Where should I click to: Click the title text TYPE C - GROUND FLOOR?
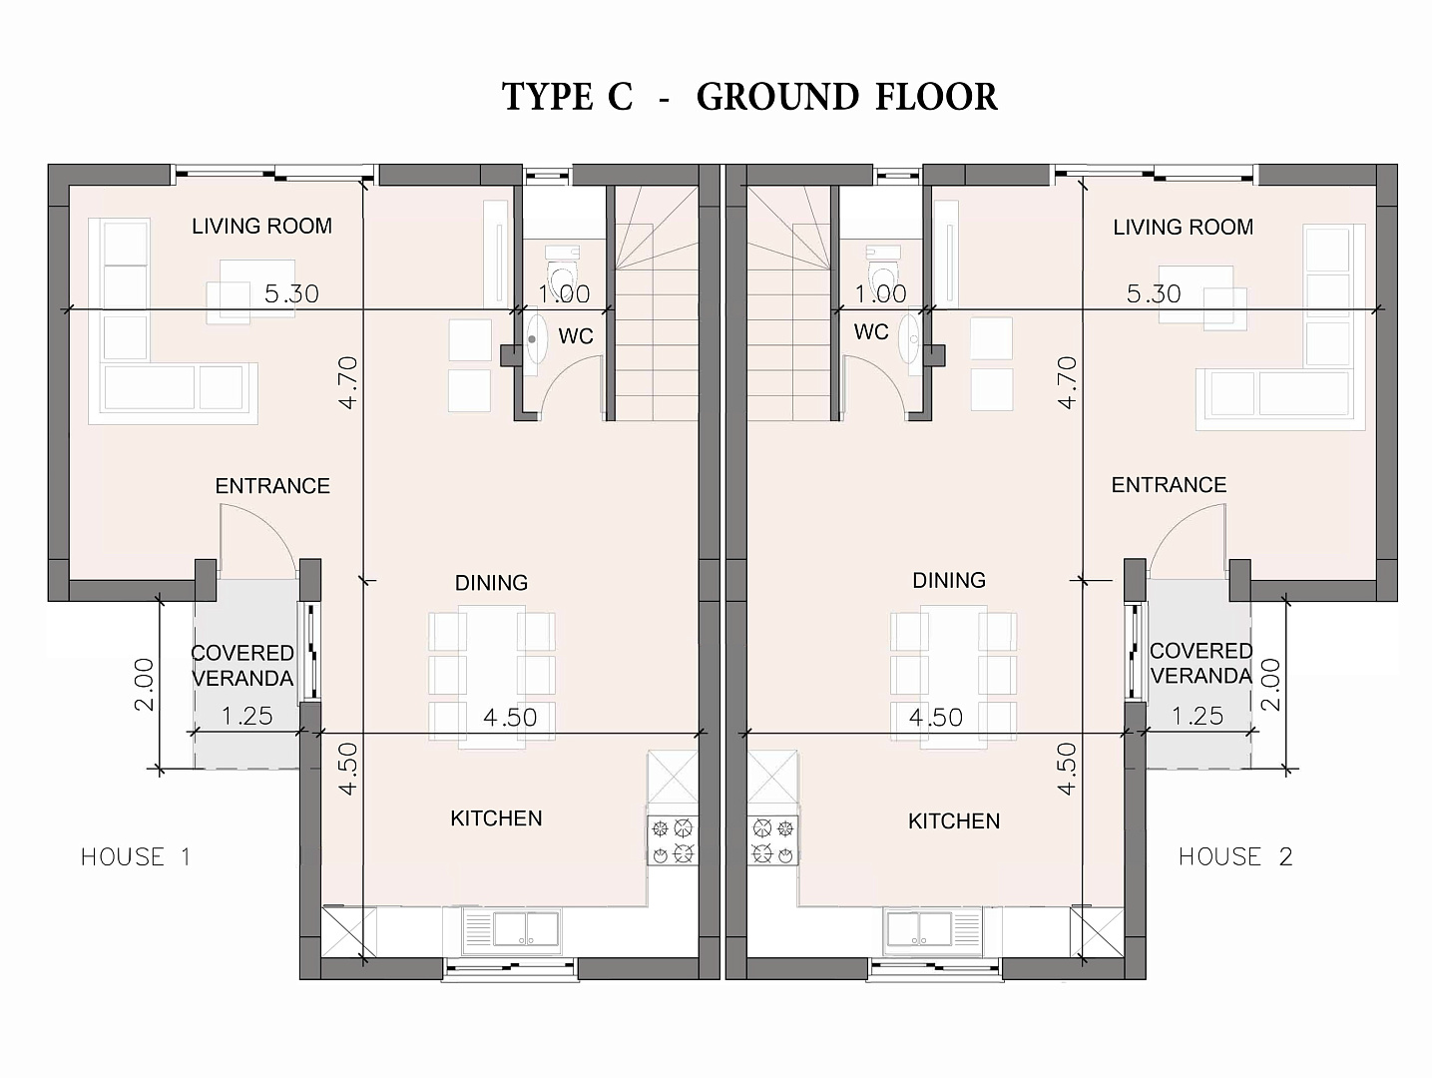pyautogui.click(x=749, y=97)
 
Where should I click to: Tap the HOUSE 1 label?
pyautogui.click(x=136, y=856)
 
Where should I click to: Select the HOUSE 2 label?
pyautogui.click(x=1235, y=856)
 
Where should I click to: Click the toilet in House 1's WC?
pyautogui.click(x=562, y=272)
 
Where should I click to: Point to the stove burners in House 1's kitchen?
pyautogui.click(x=673, y=840)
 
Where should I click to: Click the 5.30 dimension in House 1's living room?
pyautogui.click(x=291, y=293)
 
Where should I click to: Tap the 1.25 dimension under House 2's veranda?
pyautogui.click(x=1197, y=716)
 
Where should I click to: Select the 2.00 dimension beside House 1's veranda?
pyautogui.click(x=144, y=684)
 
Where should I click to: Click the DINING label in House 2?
pyautogui.click(x=949, y=580)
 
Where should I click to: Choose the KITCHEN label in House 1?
pyautogui.click(x=496, y=818)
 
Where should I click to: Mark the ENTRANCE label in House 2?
pyautogui.click(x=1169, y=485)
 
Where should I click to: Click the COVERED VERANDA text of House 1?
pyautogui.click(x=242, y=666)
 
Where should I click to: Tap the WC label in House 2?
pyautogui.click(x=871, y=332)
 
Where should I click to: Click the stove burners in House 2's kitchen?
pyautogui.click(x=773, y=840)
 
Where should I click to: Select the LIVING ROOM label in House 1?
pyautogui.click(x=261, y=226)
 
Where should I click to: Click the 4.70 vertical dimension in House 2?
pyautogui.click(x=1067, y=382)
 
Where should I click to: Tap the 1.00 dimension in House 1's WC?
pyautogui.click(x=565, y=293)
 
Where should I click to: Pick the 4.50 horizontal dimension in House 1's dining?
pyautogui.click(x=510, y=717)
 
